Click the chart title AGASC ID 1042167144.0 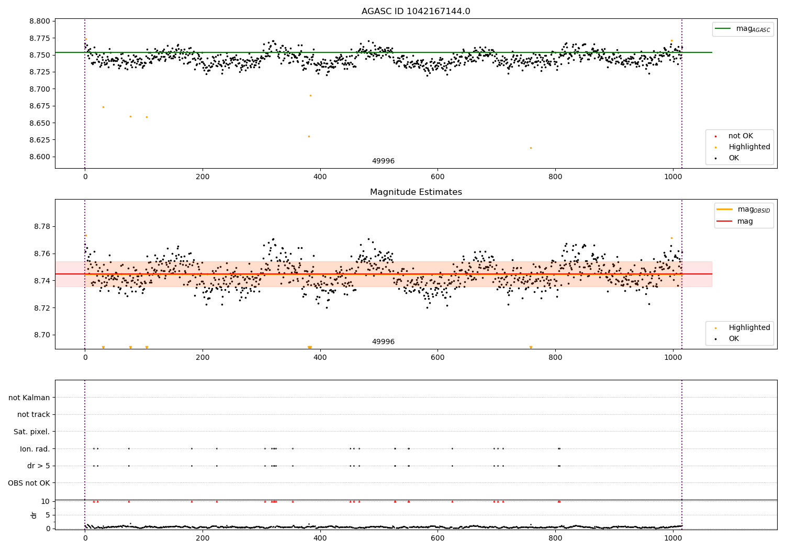[416, 12]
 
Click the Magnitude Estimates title [416, 192]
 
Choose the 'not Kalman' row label [29, 398]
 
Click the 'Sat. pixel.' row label [31, 432]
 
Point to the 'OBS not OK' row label [29, 483]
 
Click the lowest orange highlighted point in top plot [531, 148]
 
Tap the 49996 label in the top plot [383, 161]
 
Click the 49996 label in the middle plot [383, 342]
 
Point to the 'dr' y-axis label [34, 515]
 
